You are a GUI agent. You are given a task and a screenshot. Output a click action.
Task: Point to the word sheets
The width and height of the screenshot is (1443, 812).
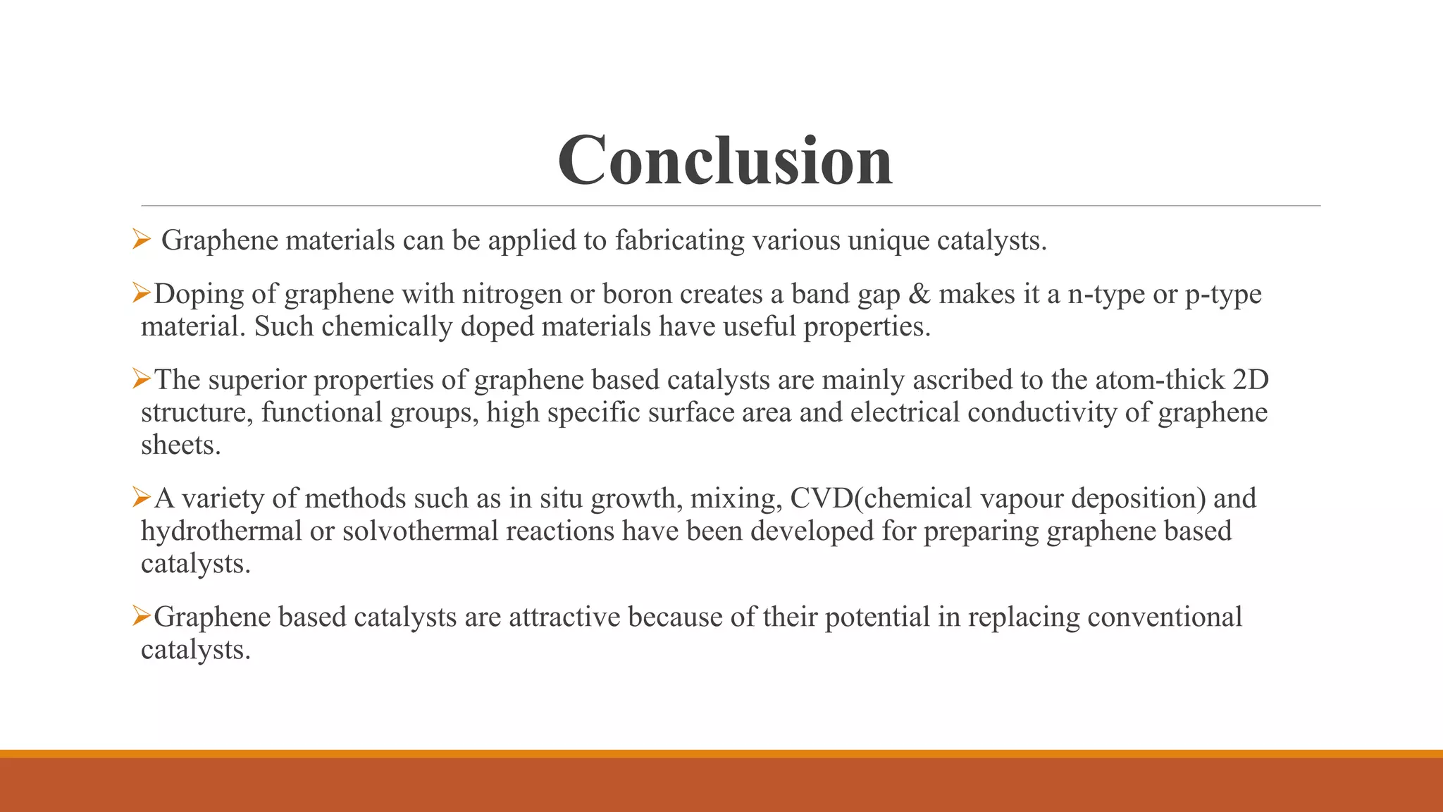(180, 445)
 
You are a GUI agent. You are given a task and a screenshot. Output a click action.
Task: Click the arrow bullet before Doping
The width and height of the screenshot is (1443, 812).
(142, 293)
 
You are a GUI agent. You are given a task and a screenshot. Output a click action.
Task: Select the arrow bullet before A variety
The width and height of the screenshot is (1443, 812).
(142, 498)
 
